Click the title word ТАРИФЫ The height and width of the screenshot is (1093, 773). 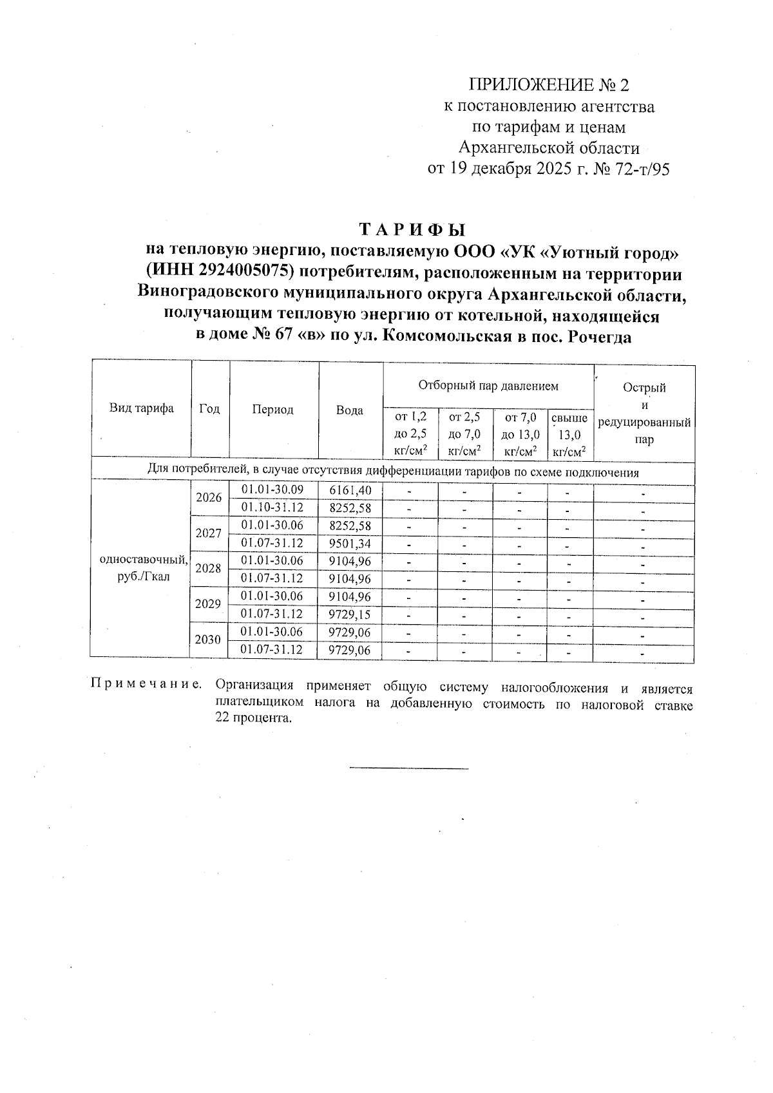tap(412, 230)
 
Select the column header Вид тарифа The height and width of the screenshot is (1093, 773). tap(141, 408)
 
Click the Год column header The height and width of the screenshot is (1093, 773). tap(210, 409)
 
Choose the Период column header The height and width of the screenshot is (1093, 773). tap(273, 410)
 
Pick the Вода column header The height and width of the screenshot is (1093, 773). tap(350, 410)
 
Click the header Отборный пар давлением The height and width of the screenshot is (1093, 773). tap(488, 386)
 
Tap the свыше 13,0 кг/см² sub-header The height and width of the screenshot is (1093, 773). tap(569, 435)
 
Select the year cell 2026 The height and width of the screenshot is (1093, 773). tap(209, 498)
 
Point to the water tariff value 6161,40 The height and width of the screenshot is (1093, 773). tap(350, 490)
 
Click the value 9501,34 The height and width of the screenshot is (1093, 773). tap(350, 544)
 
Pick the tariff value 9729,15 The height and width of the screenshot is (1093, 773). tap(350, 614)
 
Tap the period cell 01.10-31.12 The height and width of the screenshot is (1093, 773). tap(272, 508)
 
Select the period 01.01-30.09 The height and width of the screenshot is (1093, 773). tap(272, 489)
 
